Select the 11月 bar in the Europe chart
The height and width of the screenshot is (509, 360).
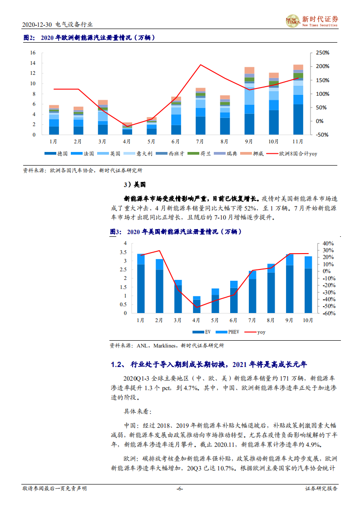click(x=298, y=100)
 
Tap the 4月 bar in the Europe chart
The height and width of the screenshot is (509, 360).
click(x=128, y=129)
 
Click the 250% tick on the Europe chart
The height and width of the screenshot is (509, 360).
click(x=322, y=53)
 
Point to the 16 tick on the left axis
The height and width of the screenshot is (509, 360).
click(x=33, y=53)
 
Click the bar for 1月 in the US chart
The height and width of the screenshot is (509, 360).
click(x=141, y=284)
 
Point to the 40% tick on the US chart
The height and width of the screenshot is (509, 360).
click(x=328, y=243)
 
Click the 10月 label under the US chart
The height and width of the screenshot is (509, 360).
click(x=308, y=320)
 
